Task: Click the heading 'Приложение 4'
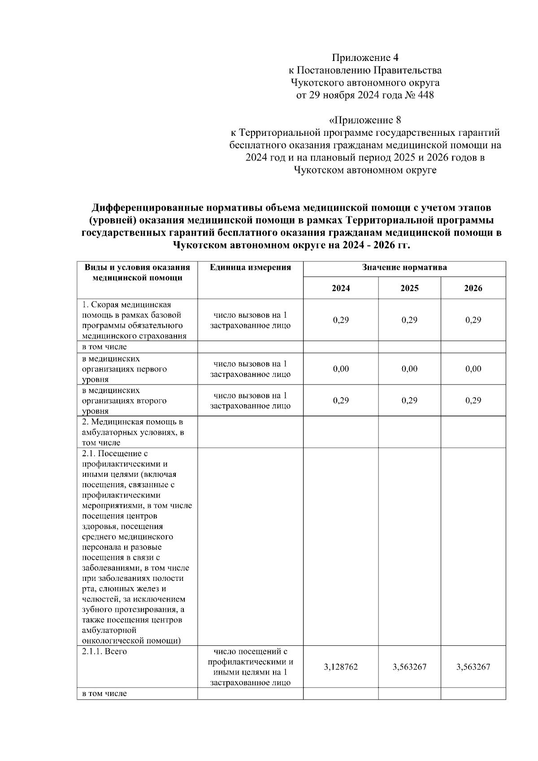[365, 58]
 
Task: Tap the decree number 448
[425, 95]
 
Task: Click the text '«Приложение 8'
[365, 120]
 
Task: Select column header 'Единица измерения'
[250, 268]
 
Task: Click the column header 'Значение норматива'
[404, 268]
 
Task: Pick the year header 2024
[341, 288]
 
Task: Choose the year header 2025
[409, 288]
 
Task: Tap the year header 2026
[473, 288]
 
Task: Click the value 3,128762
[341, 667]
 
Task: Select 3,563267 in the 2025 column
[409, 667]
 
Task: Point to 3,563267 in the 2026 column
[473, 667]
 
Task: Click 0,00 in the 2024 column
[341, 369]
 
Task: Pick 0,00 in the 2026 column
[473, 369]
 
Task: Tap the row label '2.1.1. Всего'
[104, 652]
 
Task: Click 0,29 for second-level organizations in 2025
[409, 401]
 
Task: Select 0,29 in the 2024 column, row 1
[341, 320]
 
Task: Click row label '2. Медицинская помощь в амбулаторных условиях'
[132, 432]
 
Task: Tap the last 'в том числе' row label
[104, 694]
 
